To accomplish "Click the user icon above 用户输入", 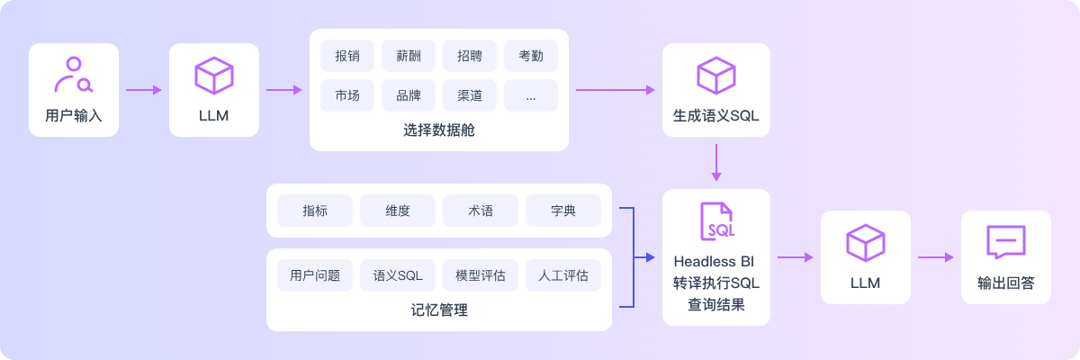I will pos(73,76).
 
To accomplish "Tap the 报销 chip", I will pos(347,56).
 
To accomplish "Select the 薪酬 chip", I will pos(409,56).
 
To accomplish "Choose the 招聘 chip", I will pos(470,56).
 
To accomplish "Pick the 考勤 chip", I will pos(531,56).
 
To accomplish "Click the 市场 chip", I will pos(347,95).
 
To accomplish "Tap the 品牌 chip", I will pos(409,95).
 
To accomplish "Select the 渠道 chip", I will pos(470,95).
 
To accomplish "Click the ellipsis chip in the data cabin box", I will pos(531,95).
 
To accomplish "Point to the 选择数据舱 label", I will pos(439,130).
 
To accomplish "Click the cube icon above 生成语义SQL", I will pos(716,76).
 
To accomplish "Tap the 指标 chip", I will pos(315,211).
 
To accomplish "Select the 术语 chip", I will pos(481,211).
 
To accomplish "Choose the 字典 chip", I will pos(563,211).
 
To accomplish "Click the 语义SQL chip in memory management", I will pos(398,275).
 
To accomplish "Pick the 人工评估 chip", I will pos(563,275).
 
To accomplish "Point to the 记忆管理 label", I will pos(439,310).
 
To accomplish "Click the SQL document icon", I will pos(716,221).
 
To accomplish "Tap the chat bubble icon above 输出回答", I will pos(1005,242).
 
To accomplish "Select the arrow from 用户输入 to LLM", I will pos(144,90).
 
